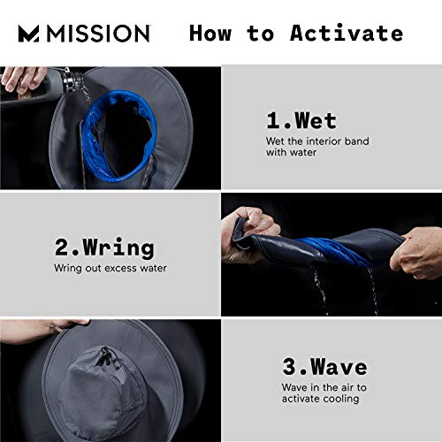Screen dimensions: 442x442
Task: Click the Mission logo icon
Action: (29, 34)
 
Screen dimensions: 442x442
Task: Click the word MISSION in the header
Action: (96, 34)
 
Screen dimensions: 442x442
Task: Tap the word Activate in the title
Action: (347, 34)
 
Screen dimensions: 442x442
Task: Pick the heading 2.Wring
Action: (103, 247)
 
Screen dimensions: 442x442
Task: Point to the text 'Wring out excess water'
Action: (110, 267)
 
